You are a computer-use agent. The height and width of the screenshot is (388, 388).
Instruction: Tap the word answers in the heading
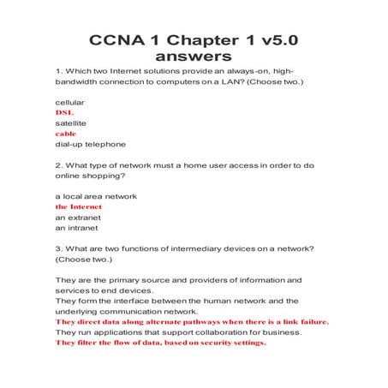(194, 58)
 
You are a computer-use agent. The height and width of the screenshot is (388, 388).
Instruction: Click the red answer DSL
(65, 113)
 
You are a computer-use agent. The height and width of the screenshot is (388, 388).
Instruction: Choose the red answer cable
(66, 134)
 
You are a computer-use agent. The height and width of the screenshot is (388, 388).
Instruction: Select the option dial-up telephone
(90, 144)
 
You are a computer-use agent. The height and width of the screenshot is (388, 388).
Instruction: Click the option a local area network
(96, 196)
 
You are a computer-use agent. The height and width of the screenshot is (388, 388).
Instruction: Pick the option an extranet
(78, 217)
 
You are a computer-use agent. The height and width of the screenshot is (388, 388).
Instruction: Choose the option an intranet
(76, 227)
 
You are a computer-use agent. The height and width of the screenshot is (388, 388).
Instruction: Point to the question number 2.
(58, 164)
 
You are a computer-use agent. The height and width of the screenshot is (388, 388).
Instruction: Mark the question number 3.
(58, 248)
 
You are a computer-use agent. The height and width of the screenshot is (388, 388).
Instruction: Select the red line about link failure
(192, 321)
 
